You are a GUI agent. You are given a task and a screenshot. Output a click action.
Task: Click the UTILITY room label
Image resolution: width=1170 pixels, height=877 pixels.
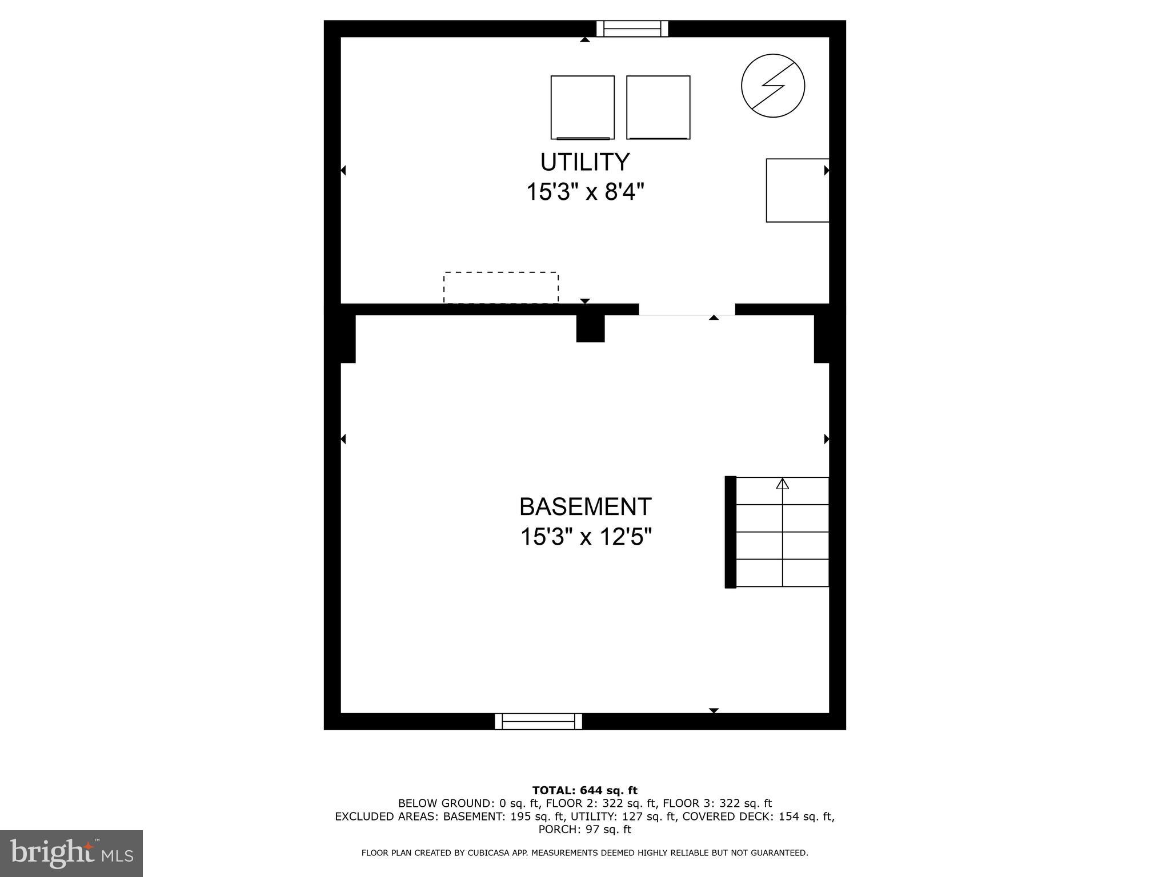pos(585,162)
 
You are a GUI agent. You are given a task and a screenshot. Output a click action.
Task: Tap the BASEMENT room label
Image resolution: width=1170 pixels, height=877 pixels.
pos(585,506)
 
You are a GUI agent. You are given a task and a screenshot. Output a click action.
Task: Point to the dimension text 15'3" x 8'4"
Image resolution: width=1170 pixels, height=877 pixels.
pos(585,192)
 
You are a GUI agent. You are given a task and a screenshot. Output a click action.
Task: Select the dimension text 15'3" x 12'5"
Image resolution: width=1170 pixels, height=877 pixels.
pos(586,537)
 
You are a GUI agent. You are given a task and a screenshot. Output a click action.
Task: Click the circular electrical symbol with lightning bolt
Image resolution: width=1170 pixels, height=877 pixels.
pos(773,86)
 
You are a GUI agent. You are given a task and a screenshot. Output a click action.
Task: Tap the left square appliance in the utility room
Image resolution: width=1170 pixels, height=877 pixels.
pos(582,107)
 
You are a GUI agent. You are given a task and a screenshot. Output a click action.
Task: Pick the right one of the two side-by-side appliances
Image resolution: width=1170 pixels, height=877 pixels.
pos(658,107)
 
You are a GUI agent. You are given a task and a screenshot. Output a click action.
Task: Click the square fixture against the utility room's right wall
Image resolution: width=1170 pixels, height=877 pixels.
pos(797,190)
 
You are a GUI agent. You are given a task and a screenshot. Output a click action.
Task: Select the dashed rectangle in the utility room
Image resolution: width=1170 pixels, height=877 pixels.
pos(501,287)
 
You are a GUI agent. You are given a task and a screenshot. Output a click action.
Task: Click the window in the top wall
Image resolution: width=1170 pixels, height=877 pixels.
pos(632,29)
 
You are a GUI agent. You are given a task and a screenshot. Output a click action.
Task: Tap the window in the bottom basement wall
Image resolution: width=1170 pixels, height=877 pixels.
pos(538,721)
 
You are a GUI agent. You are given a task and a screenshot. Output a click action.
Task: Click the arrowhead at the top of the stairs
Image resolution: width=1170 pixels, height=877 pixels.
pos(782,484)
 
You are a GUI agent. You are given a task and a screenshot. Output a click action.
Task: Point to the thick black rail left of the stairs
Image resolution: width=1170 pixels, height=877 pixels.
pos(730,532)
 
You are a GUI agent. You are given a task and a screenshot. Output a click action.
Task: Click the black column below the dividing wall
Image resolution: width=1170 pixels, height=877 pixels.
pos(590,329)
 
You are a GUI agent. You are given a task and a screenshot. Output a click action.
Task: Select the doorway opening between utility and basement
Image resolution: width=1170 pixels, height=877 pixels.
pos(687,309)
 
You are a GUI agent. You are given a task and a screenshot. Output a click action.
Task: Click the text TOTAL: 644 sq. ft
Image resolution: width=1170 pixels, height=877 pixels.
pos(585,790)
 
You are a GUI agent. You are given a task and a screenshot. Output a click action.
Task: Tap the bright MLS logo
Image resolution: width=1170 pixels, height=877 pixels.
pos(71,853)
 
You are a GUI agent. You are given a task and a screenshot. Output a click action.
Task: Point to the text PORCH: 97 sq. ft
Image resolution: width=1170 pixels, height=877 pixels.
pos(585,829)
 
